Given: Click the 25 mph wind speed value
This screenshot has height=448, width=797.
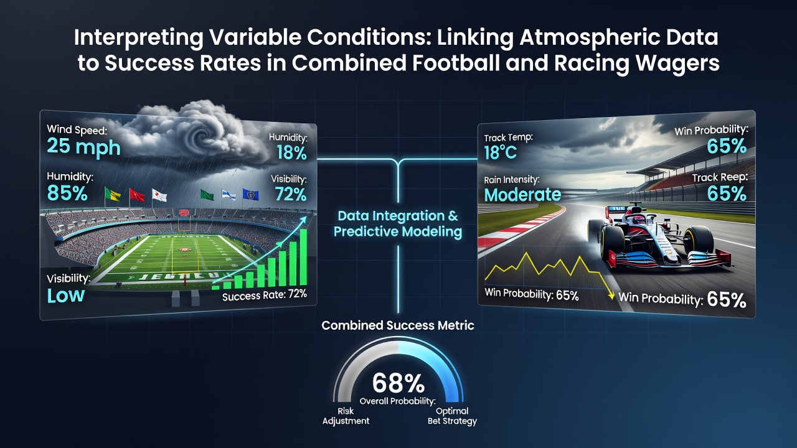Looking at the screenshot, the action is coord(83,146).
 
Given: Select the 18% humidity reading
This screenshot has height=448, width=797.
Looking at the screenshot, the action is coord(291,153).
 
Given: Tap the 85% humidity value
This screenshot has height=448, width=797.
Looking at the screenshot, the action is coord(67,194).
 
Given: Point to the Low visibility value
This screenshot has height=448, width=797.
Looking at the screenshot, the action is coord(66,296).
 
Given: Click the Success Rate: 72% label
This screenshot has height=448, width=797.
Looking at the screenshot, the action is coord(265,295).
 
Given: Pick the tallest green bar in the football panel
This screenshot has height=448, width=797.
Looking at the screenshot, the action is coord(303,257).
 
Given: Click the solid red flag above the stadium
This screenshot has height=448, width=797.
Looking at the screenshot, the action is coord(136,195).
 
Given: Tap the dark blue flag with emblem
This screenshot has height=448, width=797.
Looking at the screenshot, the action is coord(250,195).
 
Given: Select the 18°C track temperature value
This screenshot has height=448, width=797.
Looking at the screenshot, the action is coord(500,153).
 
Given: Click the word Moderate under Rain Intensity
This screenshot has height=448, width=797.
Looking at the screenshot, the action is coord(522,195).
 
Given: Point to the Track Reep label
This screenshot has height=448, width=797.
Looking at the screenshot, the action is coord(720,177).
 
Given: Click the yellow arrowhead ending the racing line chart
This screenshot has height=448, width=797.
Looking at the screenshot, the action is coord(611,296).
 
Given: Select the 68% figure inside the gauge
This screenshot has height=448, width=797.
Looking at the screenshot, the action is coord(398,383).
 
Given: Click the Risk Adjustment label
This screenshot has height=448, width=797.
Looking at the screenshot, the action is coord(346,416).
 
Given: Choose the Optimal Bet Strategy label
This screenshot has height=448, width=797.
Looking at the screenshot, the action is coord(452,416).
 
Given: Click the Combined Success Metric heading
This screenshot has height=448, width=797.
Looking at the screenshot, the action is coord(398,325).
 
